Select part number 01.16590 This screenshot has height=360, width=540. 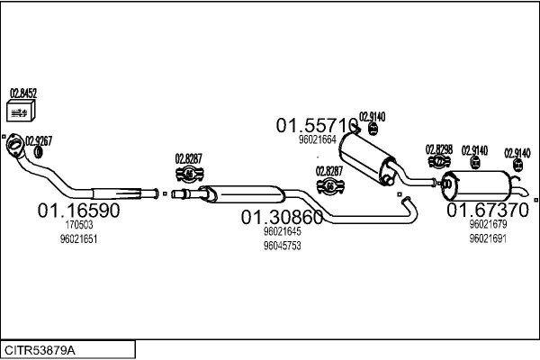(x=78, y=210)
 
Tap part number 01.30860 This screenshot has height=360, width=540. (x=282, y=217)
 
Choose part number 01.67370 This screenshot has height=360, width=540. (x=489, y=210)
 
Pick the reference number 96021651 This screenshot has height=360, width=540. (x=78, y=239)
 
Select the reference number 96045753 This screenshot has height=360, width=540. (x=282, y=245)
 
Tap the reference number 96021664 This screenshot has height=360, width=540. (x=317, y=139)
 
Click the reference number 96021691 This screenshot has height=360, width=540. (x=489, y=238)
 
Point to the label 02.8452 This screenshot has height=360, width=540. (x=22, y=92)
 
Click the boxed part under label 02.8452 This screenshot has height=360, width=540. (x=19, y=111)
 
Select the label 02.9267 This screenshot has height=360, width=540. (x=39, y=139)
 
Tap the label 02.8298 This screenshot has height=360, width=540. (x=439, y=148)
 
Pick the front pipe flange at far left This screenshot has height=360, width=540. (x=15, y=147)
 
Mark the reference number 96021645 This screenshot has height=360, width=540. (x=282, y=231)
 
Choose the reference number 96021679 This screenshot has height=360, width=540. (x=489, y=224)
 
